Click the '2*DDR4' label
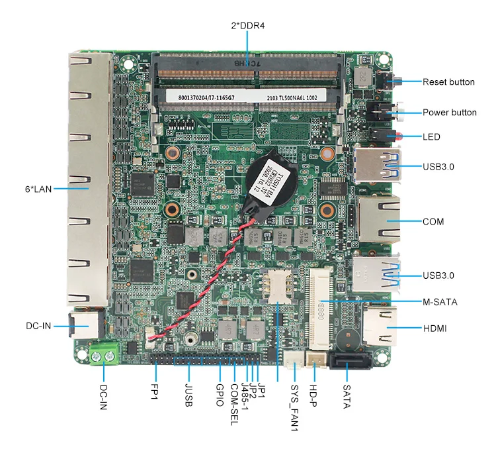(x=248, y=26)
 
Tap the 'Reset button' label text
(x=448, y=82)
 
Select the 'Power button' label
(x=450, y=113)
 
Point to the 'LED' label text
(x=432, y=137)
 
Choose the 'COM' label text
(x=433, y=221)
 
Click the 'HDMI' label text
(x=434, y=329)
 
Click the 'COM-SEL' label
(x=233, y=403)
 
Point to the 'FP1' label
(x=154, y=393)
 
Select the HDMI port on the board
(x=379, y=328)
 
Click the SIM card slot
(x=278, y=289)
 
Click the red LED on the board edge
(x=399, y=137)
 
